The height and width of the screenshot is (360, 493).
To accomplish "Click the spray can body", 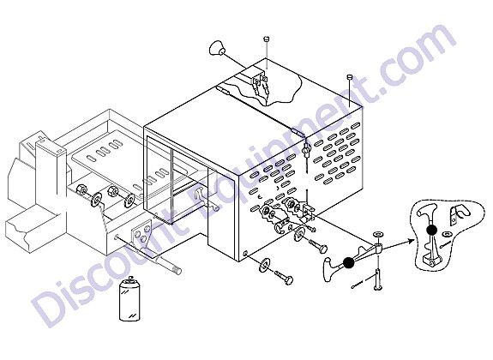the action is pyautogui.click(x=129, y=301).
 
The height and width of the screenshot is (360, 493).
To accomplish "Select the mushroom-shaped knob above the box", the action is pyautogui.click(x=217, y=49).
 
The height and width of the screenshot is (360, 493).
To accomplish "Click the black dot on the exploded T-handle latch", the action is pyautogui.click(x=348, y=262).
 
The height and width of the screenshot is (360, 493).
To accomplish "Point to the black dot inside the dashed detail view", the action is pyautogui.click(x=431, y=231).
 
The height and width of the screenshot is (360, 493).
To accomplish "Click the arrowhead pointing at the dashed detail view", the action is pyautogui.click(x=410, y=241).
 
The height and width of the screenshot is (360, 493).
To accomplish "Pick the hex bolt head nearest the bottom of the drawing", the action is pyautogui.click(x=288, y=279).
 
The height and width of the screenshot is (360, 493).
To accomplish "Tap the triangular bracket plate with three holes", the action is pyautogui.click(x=141, y=232).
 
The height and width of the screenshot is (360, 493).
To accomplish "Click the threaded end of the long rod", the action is pyautogui.click(x=177, y=270).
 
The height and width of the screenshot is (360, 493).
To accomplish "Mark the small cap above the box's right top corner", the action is pyautogui.click(x=349, y=77).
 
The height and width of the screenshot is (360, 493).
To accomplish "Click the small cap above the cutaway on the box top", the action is pyautogui.click(x=266, y=39).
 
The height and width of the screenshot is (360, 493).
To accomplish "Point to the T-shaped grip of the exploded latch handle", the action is pyautogui.click(x=328, y=269).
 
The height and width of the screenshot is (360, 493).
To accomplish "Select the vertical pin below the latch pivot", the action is pyautogui.click(x=377, y=279).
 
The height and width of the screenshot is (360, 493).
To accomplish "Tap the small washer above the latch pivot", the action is pyautogui.click(x=377, y=234).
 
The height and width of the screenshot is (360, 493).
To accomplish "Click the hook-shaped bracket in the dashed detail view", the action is pyautogui.click(x=458, y=215).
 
